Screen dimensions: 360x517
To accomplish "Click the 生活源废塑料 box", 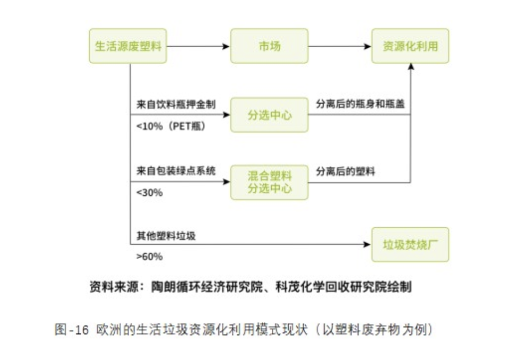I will pyautogui.click(x=127, y=46).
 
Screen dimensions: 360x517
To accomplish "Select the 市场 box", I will pyautogui.click(x=269, y=46).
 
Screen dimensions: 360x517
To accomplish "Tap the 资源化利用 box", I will pyautogui.click(x=410, y=46).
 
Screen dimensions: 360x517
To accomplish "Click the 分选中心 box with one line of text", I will pyautogui.click(x=269, y=115).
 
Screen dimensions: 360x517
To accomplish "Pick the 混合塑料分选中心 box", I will pyautogui.click(x=269, y=182).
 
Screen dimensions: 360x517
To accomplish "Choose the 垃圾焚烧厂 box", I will pyautogui.click(x=410, y=245).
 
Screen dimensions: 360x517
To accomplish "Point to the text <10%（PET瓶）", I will pyautogui.click(x=170, y=127).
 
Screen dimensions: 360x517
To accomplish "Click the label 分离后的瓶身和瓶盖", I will pyautogui.click(x=360, y=104).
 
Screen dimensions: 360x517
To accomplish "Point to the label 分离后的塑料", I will pyautogui.click(x=346, y=171).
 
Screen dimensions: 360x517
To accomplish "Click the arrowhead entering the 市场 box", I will pyautogui.click(x=227, y=47).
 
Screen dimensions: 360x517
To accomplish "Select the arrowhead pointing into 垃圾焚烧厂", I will pyautogui.click(x=367, y=245).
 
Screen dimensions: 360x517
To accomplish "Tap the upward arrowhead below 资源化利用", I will pyautogui.click(x=410, y=67).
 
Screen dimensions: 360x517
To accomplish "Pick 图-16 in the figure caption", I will pyautogui.click(x=71, y=330).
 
